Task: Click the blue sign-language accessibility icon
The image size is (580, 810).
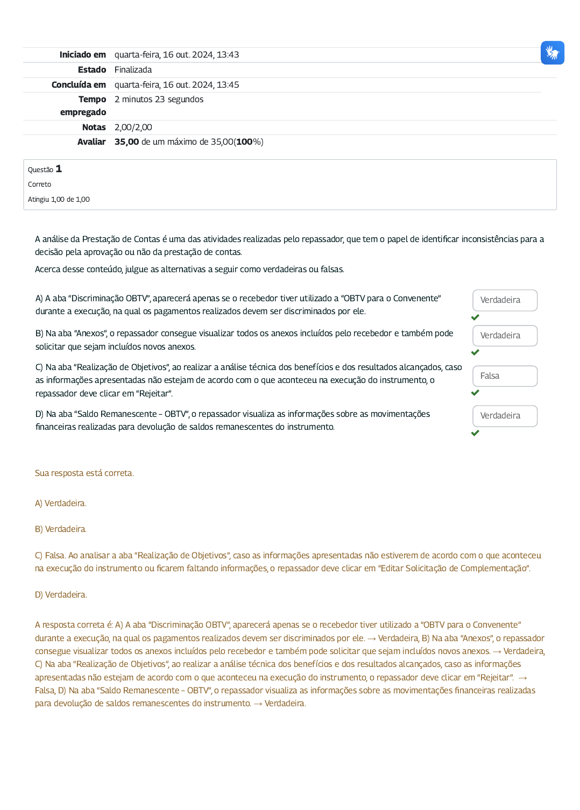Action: pos(553,53)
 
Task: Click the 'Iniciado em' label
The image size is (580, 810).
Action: pos(82,55)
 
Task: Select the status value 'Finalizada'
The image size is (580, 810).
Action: pos(133,70)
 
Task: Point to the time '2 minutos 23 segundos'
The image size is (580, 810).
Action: pos(159,100)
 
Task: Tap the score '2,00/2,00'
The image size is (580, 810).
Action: pos(133,127)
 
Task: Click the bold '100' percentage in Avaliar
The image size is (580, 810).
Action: pos(244,142)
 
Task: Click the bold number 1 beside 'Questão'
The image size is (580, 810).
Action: pos(59,169)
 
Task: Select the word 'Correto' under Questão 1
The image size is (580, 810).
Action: pos(39,184)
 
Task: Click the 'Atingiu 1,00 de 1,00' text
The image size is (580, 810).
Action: pos(59,200)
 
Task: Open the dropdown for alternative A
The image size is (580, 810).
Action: pos(505,300)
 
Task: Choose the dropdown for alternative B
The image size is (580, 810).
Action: pos(505,336)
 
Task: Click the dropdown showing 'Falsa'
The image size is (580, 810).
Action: pos(505,376)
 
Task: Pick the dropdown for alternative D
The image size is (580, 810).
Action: pos(505,416)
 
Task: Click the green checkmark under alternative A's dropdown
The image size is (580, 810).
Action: pos(475,317)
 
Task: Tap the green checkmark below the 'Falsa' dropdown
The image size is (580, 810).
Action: pos(475,393)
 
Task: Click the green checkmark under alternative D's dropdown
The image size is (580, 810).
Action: pos(475,433)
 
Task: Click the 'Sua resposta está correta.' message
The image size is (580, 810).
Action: pos(84,473)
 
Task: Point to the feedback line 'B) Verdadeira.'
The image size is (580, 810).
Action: pos(60,529)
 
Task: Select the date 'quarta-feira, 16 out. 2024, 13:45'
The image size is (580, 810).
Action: pos(176,85)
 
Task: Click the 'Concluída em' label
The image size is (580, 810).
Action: pos(79,85)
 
